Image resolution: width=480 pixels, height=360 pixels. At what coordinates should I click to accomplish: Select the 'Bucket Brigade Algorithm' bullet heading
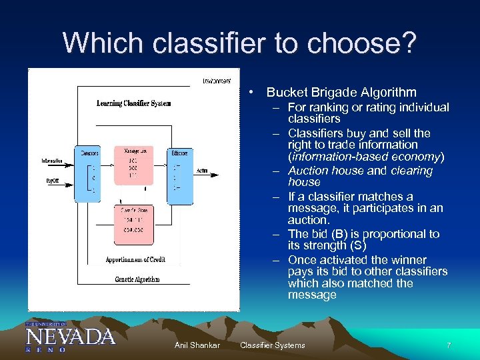tap(341, 93)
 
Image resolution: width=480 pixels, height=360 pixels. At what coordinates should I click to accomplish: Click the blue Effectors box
tap(179, 173)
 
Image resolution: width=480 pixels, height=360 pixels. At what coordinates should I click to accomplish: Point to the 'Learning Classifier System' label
tap(133, 103)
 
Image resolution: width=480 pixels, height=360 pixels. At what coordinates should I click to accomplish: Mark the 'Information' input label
tap(51, 161)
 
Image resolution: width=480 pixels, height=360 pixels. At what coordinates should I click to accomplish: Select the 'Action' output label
tap(202, 171)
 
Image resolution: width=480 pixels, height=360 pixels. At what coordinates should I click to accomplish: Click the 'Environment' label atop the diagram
tap(217, 81)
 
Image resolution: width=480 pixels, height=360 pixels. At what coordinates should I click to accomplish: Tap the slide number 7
tap(449, 345)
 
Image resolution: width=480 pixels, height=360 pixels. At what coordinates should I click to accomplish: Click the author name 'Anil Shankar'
tap(197, 345)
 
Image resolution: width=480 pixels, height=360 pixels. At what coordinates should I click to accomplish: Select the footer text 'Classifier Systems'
tap(272, 345)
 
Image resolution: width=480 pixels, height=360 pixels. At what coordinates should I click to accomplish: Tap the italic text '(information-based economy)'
tap(365, 157)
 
